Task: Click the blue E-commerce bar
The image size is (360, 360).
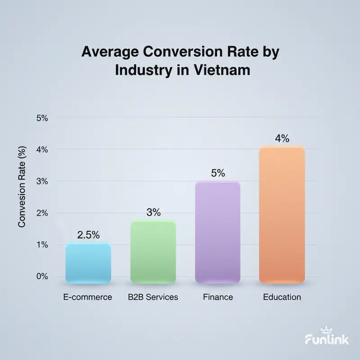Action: point(88,263)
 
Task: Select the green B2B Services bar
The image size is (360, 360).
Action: point(153,252)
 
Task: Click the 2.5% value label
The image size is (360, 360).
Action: point(88,235)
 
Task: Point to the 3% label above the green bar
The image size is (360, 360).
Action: point(153,212)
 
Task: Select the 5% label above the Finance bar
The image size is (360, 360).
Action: point(218,173)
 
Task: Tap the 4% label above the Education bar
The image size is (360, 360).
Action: point(282,139)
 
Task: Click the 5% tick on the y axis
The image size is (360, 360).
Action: point(41,118)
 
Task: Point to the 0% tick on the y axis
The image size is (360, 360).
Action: point(41,276)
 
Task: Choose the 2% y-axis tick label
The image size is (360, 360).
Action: point(41,213)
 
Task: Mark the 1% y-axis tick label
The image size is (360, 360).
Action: point(41,245)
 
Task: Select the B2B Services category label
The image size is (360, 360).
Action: point(153,297)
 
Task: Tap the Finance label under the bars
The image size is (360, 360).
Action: point(218,297)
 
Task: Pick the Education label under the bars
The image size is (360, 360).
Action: point(282,297)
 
